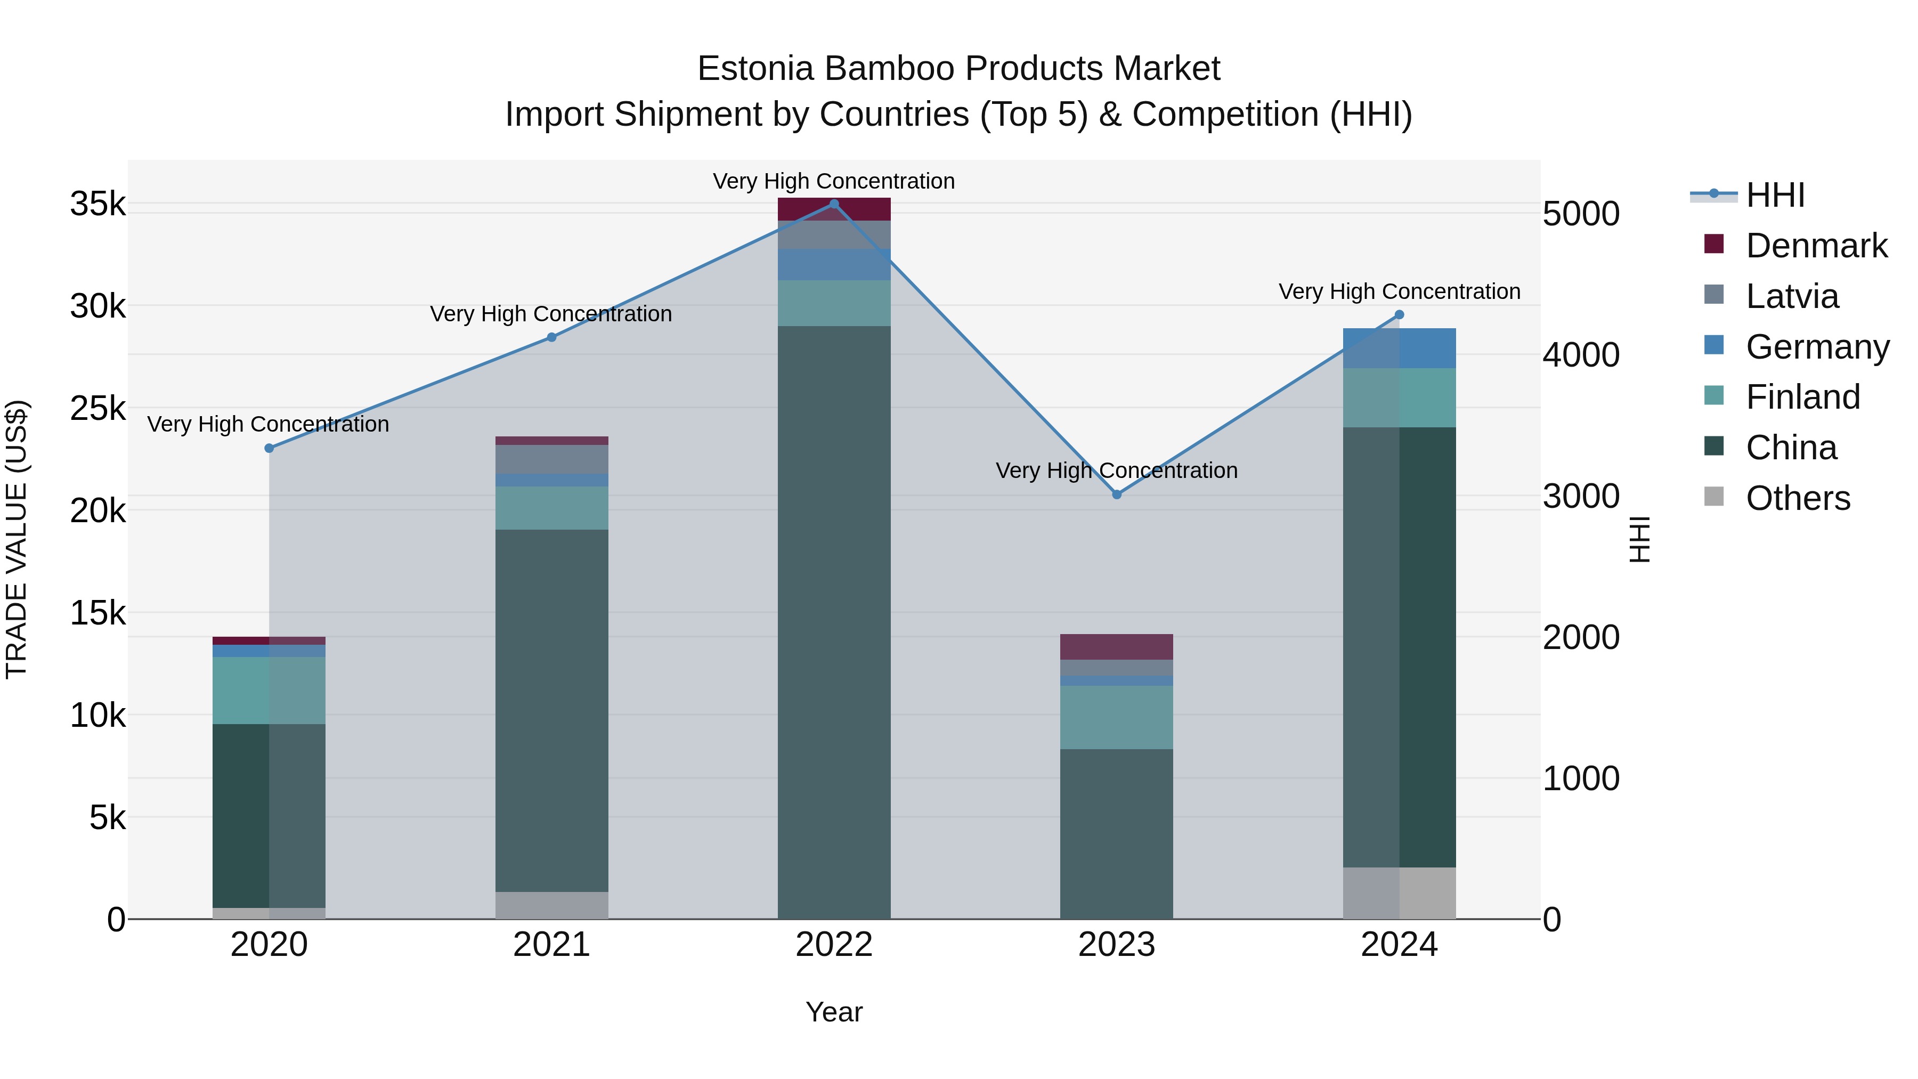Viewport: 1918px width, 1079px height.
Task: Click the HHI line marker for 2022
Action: (x=834, y=204)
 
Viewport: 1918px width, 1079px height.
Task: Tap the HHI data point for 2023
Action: (x=1116, y=494)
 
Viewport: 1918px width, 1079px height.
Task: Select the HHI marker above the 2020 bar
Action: (x=270, y=448)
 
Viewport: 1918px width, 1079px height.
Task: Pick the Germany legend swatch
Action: (x=1714, y=345)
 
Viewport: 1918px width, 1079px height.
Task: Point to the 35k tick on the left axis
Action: (x=97, y=204)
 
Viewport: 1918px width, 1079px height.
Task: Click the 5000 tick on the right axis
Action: (x=1581, y=214)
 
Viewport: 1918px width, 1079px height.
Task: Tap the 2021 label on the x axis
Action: (x=552, y=945)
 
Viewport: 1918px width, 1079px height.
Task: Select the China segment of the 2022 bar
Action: (x=834, y=618)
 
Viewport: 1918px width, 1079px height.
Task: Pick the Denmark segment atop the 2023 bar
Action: (x=1116, y=646)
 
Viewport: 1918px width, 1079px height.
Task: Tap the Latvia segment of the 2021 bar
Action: (x=552, y=459)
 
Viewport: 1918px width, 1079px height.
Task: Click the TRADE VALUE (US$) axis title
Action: (x=17, y=539)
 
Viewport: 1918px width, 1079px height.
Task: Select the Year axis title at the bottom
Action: (x=834, y=1012)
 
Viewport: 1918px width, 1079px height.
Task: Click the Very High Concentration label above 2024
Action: (x=1399, y=292)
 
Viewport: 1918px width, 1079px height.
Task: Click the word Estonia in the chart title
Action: (x=755, y=69)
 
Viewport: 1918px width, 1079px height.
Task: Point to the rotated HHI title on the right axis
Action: (x=1640, y=539)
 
